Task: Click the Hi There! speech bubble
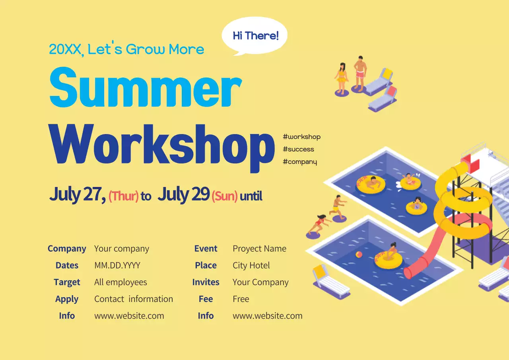tap(255, 36)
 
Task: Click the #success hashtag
tap(298, 149)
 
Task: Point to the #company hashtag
tap(300, 162)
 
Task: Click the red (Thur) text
tap(123, 196)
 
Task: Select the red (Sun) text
tap(225, 196)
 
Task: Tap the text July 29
tap(183, 195)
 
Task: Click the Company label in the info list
tap(67, 249)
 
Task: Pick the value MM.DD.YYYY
tap(117, 265)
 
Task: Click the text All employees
tap(120, 282)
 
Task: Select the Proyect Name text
tap(259, 249)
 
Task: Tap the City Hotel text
tap(251, 265)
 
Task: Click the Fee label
tap(206, 299)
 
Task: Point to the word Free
tap(241, 299)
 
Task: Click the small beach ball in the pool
tap(359, 255)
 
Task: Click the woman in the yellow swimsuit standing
tap(341, 78)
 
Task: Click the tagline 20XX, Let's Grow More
tap(126, 49)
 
